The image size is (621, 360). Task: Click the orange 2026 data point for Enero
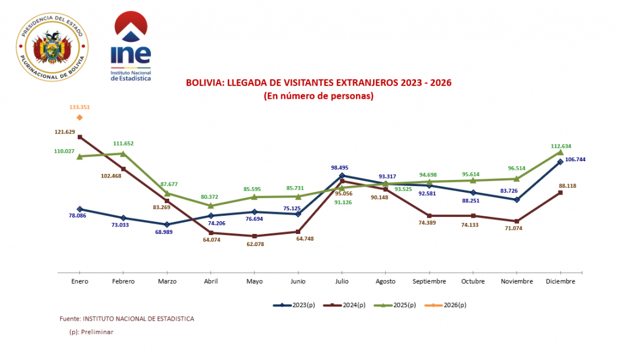point(79,118)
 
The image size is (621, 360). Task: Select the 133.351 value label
point(79,107)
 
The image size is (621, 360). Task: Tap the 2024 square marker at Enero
point(79,137)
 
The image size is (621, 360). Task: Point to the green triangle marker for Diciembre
point(560,152)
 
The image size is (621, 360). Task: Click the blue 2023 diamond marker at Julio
point(342,176)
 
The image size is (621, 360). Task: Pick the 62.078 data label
point(255,244)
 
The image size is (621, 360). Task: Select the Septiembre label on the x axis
point(429,281)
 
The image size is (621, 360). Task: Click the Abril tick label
point(210,281)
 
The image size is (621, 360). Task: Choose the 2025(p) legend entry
point(395,305)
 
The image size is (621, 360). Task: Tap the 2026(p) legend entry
point(445,305)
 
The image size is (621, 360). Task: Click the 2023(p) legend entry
point(294,305)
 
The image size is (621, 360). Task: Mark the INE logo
point(131,46)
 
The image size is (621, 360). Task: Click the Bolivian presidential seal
point(52,47)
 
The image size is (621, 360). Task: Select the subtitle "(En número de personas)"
point(319,96)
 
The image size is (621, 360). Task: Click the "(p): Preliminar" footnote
point(91,332)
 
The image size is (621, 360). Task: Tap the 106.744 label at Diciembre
point(575,159)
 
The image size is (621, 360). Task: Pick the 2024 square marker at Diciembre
point(560,193)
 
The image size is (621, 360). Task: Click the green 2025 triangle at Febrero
point(123,154)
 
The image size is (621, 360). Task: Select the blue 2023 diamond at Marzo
point(167,224)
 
